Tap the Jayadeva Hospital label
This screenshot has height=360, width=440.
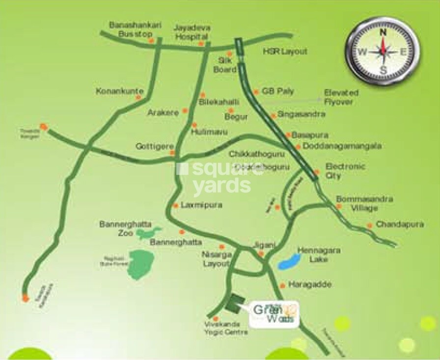191,32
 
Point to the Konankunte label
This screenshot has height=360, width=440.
120,91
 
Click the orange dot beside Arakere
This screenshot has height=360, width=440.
185,111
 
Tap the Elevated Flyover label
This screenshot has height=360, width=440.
341,97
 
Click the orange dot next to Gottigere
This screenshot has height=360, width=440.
172,153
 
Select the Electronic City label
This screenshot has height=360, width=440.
345,171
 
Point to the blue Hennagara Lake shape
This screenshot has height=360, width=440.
289,261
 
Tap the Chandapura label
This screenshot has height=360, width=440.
400,224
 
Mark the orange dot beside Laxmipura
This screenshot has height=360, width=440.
175,205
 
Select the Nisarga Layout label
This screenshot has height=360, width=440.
216,259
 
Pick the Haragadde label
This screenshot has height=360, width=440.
310,285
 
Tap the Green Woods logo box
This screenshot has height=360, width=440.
274,314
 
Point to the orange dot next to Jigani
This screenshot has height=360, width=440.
261,254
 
